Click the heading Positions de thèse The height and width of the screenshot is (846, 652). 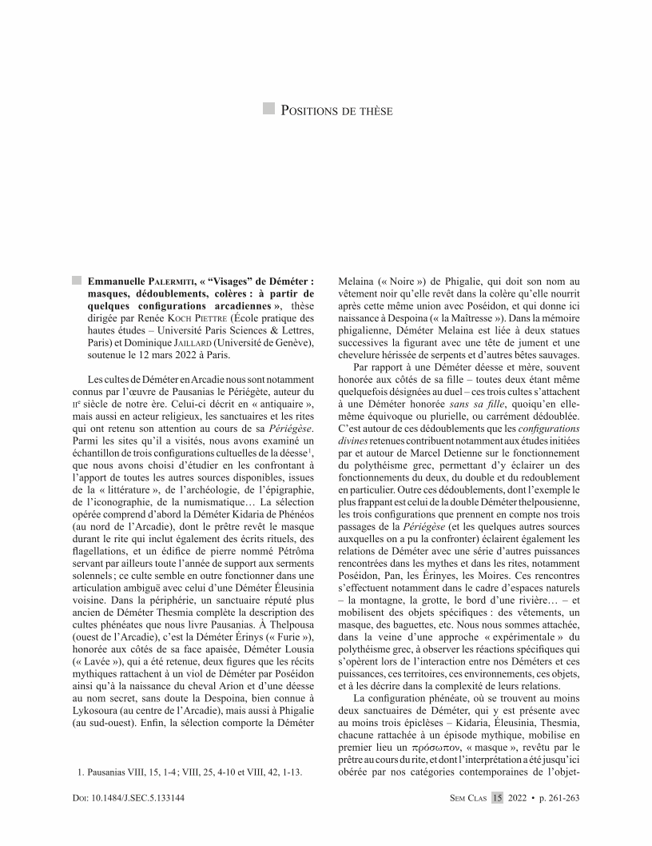336,110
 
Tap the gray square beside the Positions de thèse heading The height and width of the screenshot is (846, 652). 269,109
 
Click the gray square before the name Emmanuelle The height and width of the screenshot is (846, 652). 76,281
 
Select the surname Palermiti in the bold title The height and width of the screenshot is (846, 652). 170,281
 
